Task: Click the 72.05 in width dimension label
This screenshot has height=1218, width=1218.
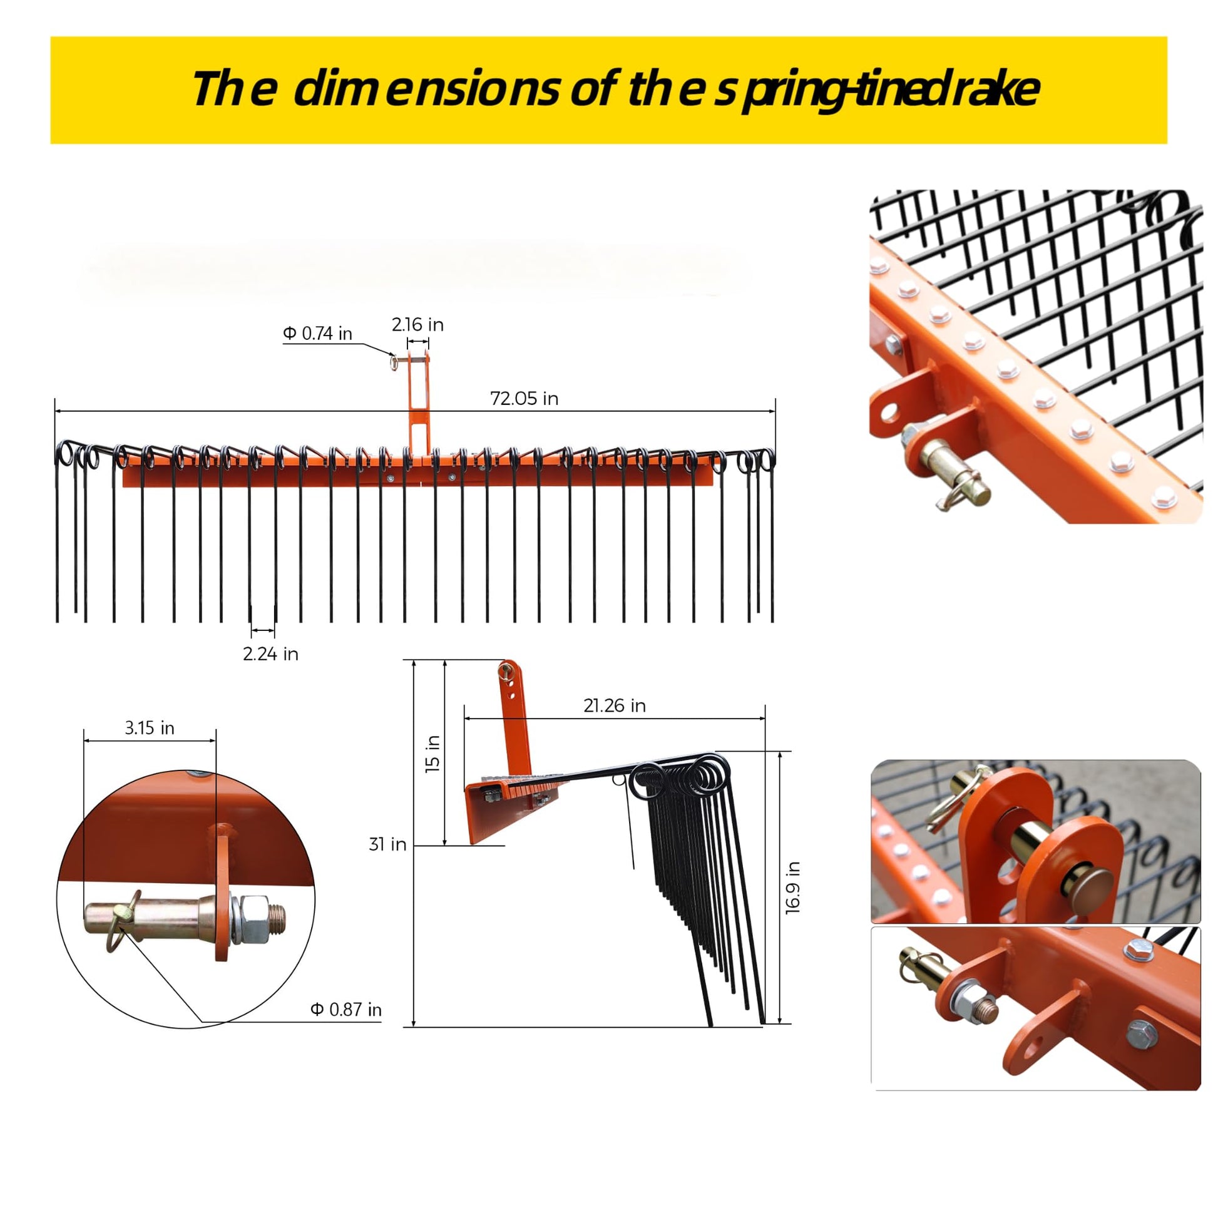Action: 524,399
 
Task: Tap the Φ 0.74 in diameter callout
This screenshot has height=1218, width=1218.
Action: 317,333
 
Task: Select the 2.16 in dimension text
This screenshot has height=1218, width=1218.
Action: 417,324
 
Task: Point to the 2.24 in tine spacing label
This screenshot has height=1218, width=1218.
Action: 270,654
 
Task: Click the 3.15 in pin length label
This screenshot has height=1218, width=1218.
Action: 150,727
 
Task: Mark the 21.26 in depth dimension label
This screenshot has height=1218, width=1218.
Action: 614,705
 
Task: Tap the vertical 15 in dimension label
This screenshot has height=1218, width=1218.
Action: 432,754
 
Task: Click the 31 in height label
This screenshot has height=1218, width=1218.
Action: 387,844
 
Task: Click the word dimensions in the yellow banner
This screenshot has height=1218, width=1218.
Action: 426,89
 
